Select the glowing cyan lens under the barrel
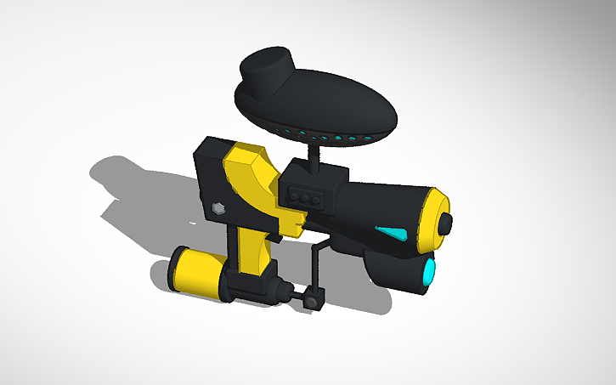[x=429, y=272]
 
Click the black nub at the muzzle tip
[x=446, y=223]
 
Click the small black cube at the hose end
[x=315, y=299]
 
